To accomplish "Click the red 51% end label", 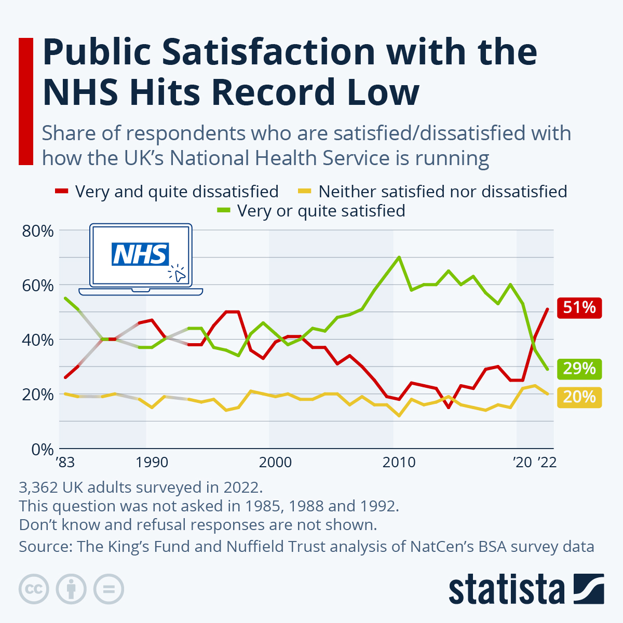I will pos(579,308).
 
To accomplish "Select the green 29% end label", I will pos(579,369).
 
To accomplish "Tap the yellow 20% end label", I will pos(579,397).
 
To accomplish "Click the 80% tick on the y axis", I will pos(38,231).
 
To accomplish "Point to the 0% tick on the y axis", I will pos(42,449).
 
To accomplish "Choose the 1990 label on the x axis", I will pos(152,462).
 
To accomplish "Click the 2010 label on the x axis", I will pos(399,462).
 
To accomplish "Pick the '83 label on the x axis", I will pos(65,462).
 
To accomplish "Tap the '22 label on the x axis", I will pos(547,462).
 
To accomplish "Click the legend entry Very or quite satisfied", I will pos(321,211).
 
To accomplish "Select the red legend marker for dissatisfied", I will pos(62,192).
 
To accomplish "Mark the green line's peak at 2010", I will pos(399,257).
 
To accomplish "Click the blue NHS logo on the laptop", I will pos(140,254).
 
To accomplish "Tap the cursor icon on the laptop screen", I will pos(178,274).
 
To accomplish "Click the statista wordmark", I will pos(506,589).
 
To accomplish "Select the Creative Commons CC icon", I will pos(34,589).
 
